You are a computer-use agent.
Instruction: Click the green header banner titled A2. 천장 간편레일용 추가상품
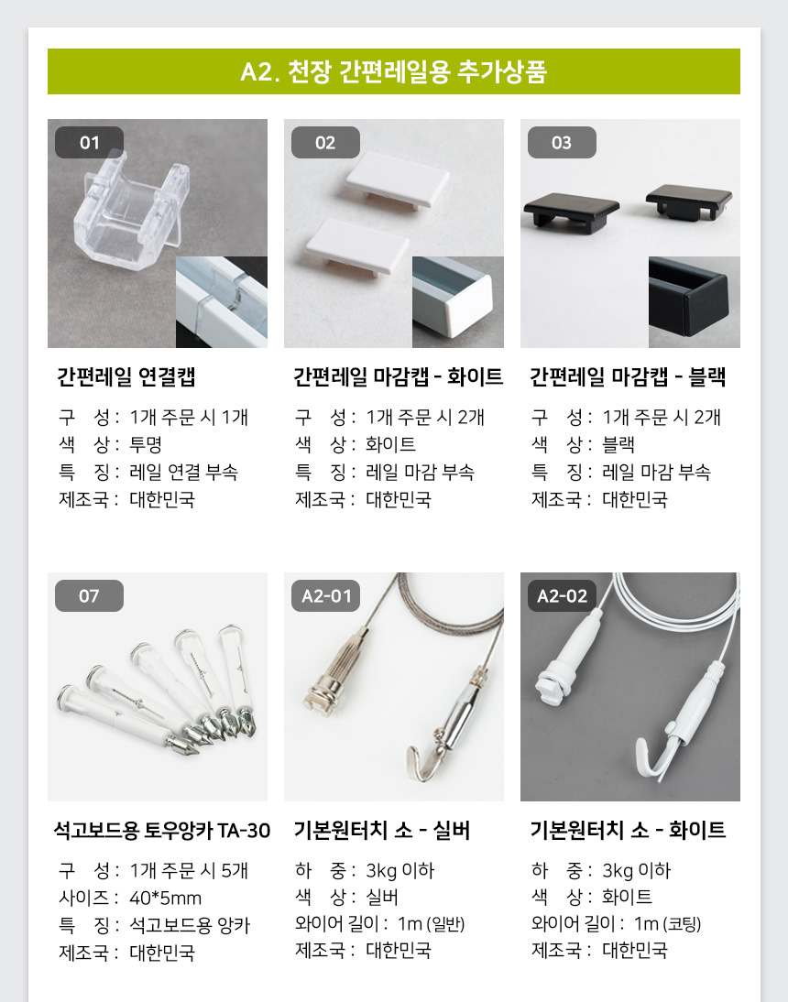394,71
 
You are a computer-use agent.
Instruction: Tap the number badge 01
90,143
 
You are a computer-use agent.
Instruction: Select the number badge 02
325,143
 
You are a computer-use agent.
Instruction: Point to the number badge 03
562,143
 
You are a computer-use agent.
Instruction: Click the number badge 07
90,595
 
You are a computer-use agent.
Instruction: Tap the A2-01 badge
326,595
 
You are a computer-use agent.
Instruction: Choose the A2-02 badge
562,595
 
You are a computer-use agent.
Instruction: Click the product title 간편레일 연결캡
126,376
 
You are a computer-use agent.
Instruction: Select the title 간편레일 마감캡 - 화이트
399,376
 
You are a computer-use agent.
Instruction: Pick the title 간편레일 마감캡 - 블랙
628,376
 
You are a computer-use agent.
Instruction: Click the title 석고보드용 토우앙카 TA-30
162,830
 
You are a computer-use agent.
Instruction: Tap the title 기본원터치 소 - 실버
381,830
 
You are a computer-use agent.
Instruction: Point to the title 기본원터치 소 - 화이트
628,830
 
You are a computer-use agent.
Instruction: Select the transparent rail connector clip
132,204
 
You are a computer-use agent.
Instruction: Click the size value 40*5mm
166,898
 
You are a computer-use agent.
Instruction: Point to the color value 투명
146,444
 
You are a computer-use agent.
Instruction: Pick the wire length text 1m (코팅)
668,924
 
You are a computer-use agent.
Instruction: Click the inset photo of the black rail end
694,302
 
